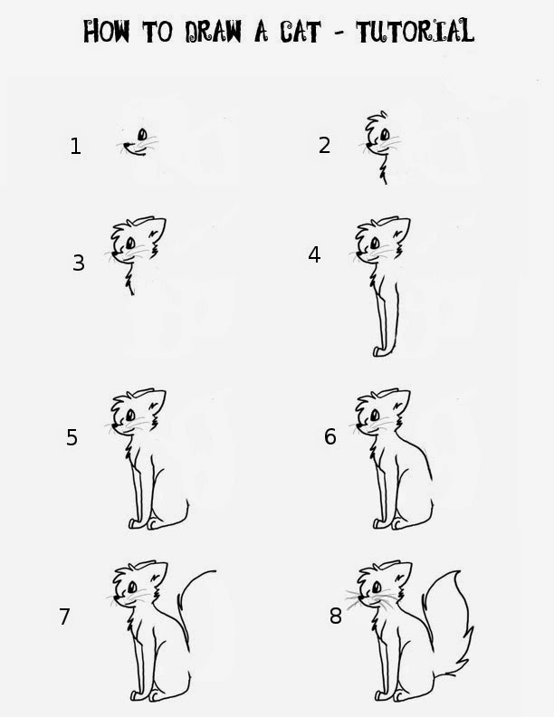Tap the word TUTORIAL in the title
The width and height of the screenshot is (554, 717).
pos(415,31)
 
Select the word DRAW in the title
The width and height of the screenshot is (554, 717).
pos(213,32)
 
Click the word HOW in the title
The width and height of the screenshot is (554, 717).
pos(107,31)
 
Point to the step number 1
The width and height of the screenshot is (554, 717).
pos(75,147)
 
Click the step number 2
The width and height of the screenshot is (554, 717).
pos(324,146)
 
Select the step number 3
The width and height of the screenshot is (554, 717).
pos(79,263)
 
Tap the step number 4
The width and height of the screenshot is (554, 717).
pos(314,254)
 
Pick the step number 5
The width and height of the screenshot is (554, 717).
pos(72,437)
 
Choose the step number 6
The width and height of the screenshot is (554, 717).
pos(330,436)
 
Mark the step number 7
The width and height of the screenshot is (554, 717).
pos(64,617)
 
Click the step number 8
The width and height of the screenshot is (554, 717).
pos(336,617)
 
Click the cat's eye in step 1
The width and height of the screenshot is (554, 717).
pos(143,134)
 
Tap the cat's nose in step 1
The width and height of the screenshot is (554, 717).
pos(127,145)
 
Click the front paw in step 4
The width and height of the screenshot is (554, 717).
pos(379,351)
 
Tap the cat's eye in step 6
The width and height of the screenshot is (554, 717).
pos(375,416)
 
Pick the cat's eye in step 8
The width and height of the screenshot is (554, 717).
pos(377,587)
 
